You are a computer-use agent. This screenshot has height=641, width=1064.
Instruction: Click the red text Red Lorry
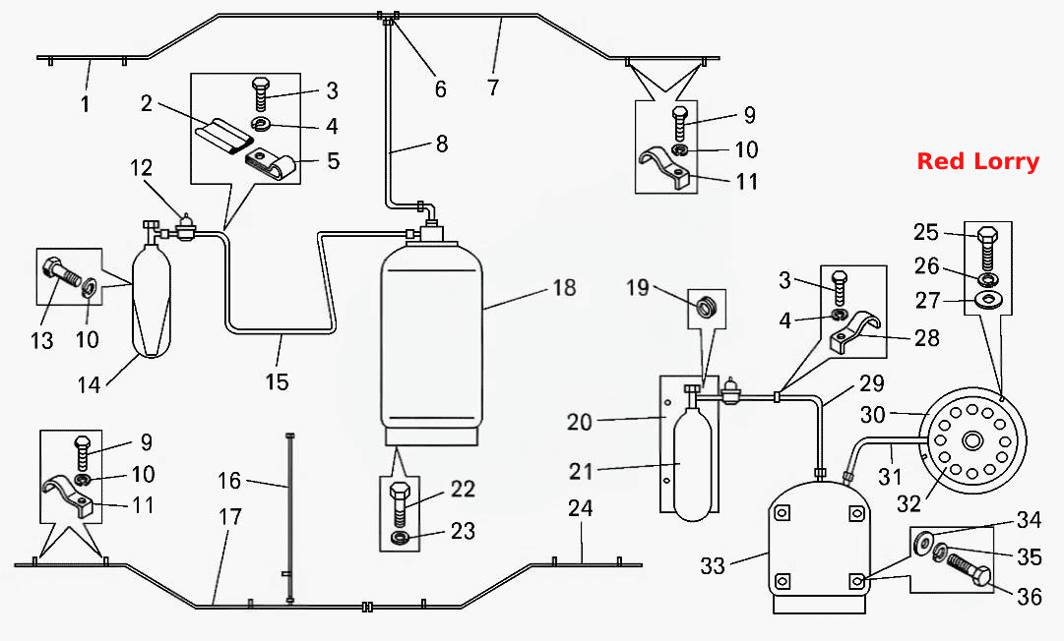point(977,161)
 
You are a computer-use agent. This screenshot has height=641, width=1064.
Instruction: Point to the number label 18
point(564,287)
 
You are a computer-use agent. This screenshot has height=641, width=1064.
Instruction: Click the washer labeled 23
point(401,538)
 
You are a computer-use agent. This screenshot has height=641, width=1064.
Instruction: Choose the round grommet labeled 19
point(707,307)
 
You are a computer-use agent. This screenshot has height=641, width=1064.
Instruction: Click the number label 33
point(713,565)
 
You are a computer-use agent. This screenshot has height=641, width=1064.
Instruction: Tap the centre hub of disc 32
point(972,441)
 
